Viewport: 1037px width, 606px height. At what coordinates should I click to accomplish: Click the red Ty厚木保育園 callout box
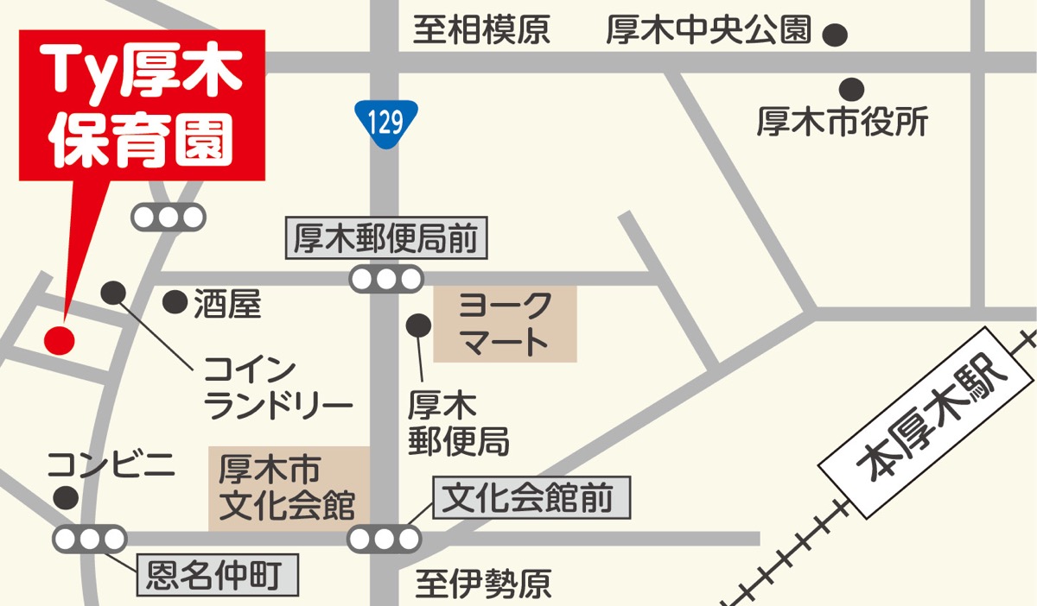click(142, 105)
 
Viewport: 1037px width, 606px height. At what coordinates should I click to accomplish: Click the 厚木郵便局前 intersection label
click(386, 239)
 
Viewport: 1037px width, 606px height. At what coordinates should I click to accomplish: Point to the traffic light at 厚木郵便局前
click(386, 279)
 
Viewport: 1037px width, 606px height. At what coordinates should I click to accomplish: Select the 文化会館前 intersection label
click(531, 498)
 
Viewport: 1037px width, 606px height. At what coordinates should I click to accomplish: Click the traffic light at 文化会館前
click(384, 540)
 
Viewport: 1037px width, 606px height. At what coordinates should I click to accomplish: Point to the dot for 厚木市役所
click(852, 89)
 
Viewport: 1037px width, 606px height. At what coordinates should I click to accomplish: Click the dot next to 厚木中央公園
click(835, 35)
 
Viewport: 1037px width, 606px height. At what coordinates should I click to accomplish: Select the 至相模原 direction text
click(481, 32)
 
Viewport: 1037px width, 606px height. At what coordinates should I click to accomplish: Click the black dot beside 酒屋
click(175, 301)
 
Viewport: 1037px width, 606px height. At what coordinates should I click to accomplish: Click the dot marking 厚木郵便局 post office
click(419, 325)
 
